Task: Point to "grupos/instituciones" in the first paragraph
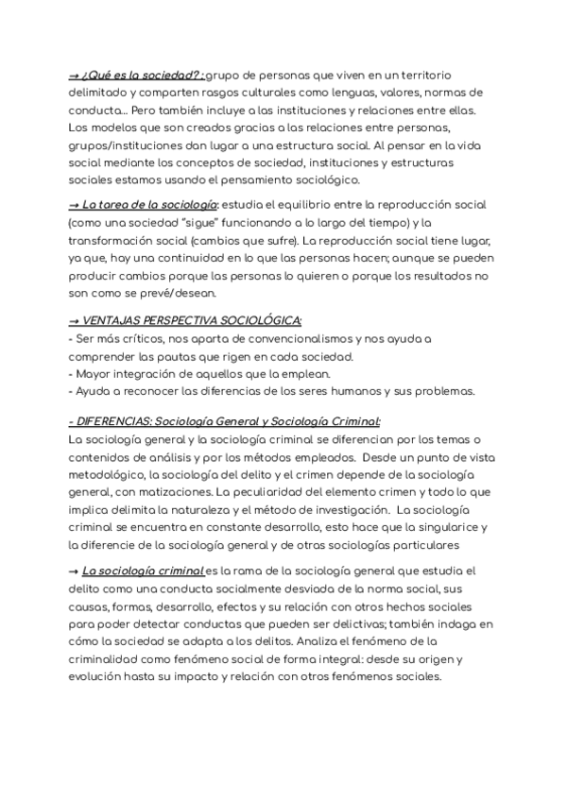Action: pyautogui.click(x=130, y=146)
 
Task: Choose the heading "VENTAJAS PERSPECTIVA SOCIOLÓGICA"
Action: pyautogui.click(x=193, y=321)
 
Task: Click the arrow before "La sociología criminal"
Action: pyautogui.click(x=74, y=571)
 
